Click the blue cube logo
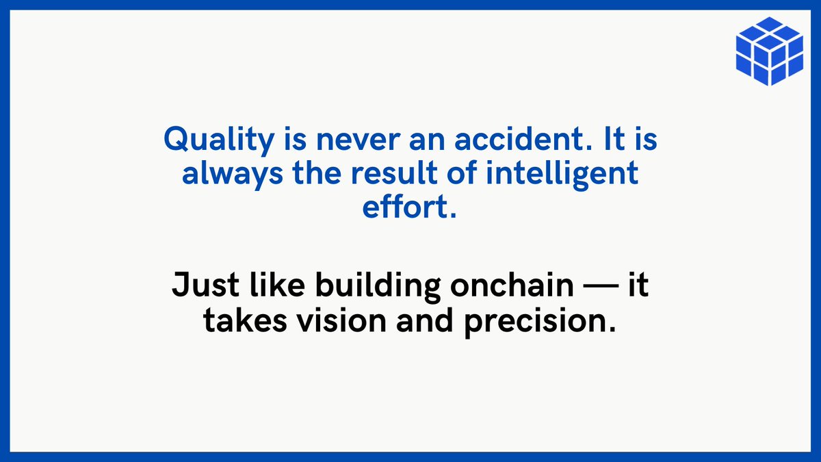click(x=769, y=51)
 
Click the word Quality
click(x=209, y=141)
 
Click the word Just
click(x=199, y=285)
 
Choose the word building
click(x=377, y=286)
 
